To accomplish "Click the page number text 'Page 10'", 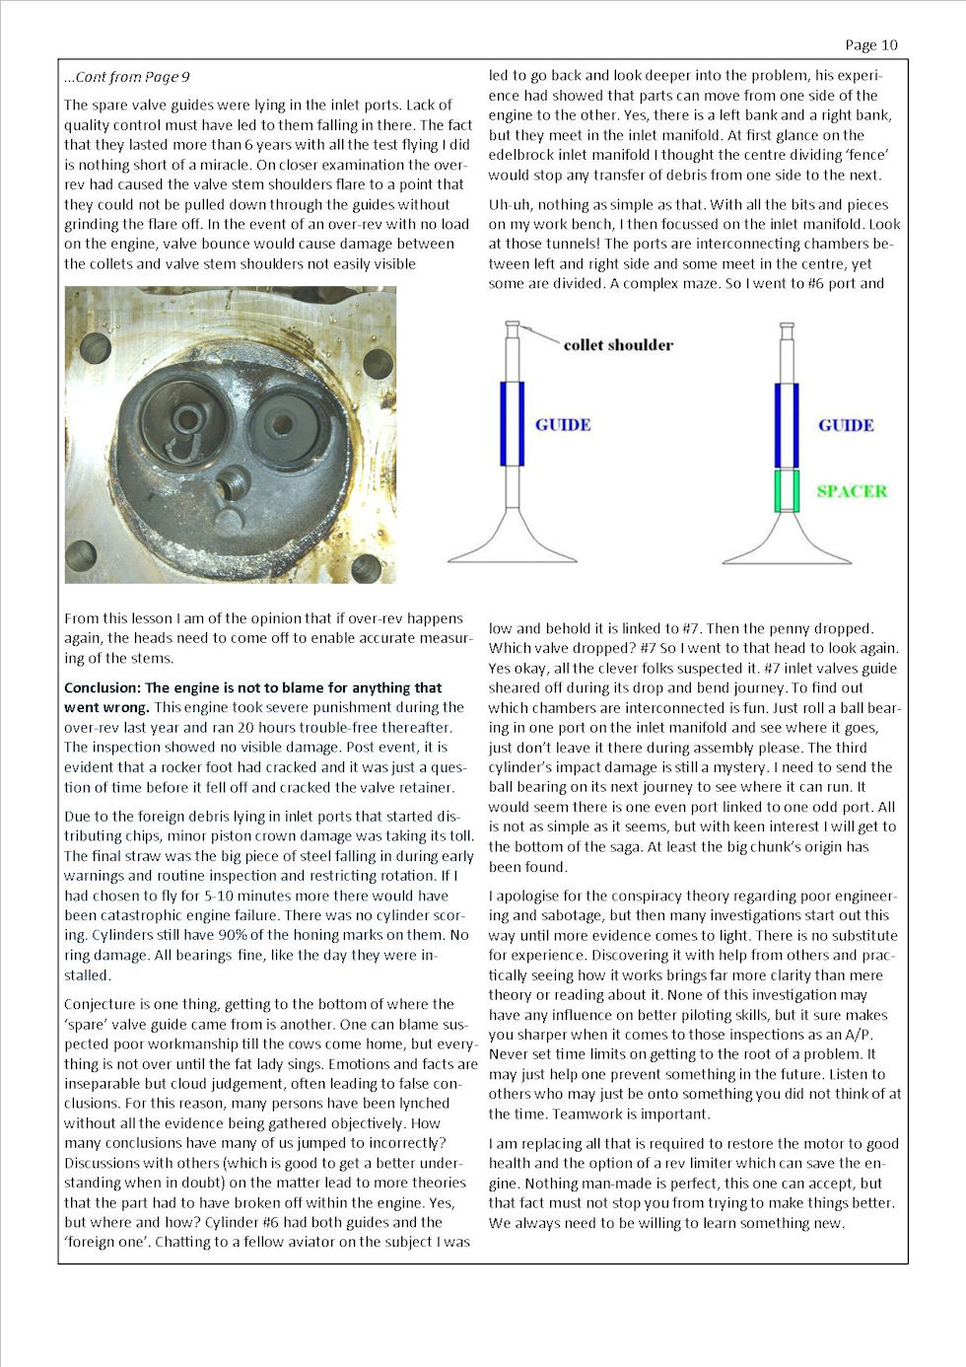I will click(871, 44).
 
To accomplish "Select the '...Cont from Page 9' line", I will click(127, 77).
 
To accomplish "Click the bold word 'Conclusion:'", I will click(103, 687).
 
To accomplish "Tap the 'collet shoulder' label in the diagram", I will click(618, 345).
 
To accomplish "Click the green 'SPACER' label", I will click(852, 491).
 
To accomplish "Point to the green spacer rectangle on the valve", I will click(786, 490).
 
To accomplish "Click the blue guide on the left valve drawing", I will click(512, 423).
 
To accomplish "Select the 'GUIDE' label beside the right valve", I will click(846, 425).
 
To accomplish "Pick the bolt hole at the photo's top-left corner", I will click(96, 346).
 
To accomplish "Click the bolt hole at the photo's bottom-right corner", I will click(366, 567).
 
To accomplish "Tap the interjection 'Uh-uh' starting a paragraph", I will click(510, 204).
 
